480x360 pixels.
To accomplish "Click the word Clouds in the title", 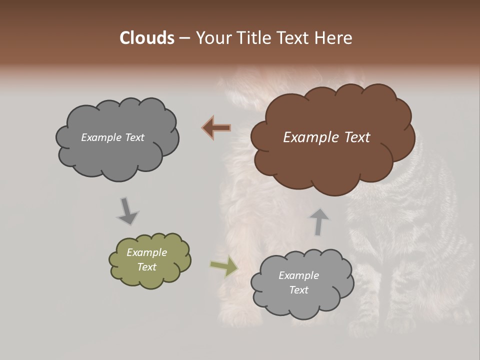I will click(x=147, y=38).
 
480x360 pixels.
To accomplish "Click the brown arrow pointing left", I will click(x=216, y=128).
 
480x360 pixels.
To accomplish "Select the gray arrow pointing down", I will click(x=127, y=211).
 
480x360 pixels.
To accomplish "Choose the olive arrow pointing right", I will click(x=223, y=266).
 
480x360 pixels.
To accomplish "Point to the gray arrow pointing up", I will click(x=318, y=221).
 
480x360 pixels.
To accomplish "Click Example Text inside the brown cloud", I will click(x=326, y=137).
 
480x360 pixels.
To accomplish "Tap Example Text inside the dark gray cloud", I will click(x=112, y=137).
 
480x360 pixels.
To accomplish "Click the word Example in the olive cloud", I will click(x=146, y=252).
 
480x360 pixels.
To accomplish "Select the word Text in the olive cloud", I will click(x=146, y=267).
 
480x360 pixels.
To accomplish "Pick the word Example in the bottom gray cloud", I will click(x=298, y=275).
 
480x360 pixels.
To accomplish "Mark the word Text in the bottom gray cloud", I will click(x=298, y=290).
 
